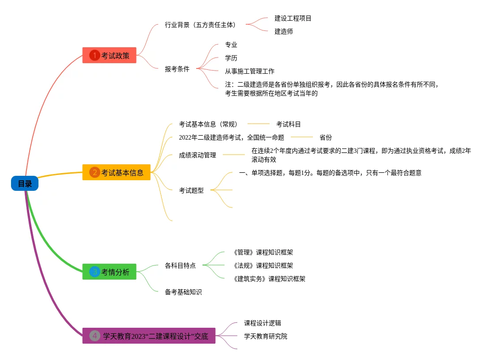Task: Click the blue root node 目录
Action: pyautogui.click(x=25, y=183)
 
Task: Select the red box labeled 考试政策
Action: pyautogui.click(x=110, y=55)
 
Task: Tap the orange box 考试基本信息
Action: pyautogui.click(x=117, y=172)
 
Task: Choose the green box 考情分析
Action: pyautogui.click(x=110, y=272)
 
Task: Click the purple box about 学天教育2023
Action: pyautogui.click(x=149, y=336)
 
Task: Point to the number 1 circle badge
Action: pyautogui.click(x=95, y=55)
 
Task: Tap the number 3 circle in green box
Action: pyautogui.click(x=95, y=272)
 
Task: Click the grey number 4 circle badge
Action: pyautogui.click(x=95, y=336)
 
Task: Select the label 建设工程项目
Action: pyautogui.click(x=293, y=18)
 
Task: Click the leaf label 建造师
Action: pyautogui.click(x=284, y=31)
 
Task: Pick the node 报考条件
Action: pyautogui.click(x=177, y=69)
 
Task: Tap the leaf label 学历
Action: pyautogui.click(x=231, y=58)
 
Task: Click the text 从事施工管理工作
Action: pyautogui.click(x=250, y=71)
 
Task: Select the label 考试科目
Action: pyautogui.click(x=289, y=124)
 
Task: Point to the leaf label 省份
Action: pyautogui.click(x=326, y=137)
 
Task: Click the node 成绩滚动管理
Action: pyautogui.click(x=198, y=155)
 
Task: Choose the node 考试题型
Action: pyautogui.click(x=191, y=190)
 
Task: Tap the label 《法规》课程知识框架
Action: pyautogui.click(x=263, y=265)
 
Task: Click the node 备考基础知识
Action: pyautogui.click(x=183, y=292)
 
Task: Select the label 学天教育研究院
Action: pyautogui.click(x=266, y=336)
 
